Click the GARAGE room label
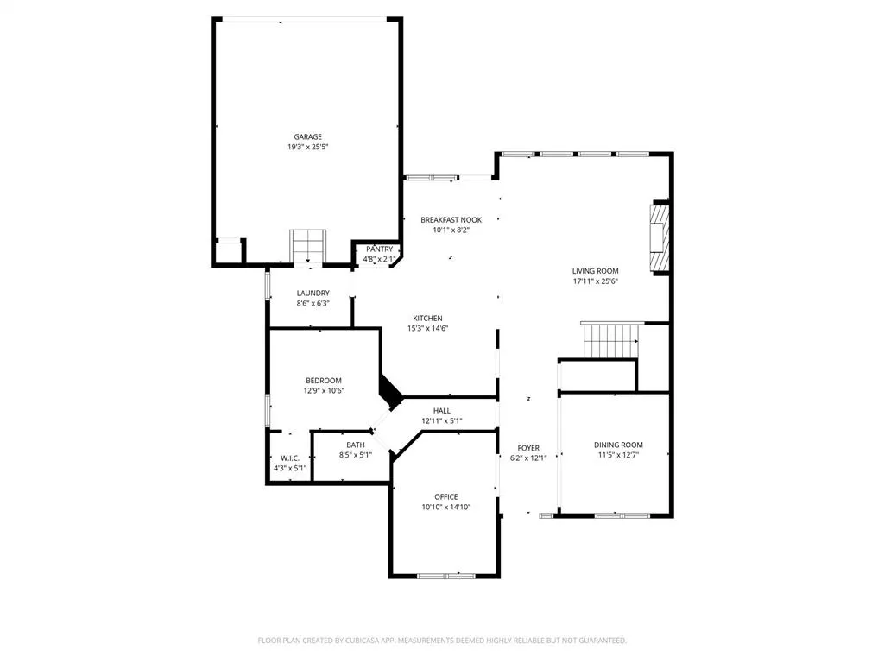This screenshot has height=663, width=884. pyautogui.click(x=307, y=136)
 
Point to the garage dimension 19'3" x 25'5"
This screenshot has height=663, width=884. pyautogui.click(x=307, y=148)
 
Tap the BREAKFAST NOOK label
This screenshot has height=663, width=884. pyautogui.click(x=451, y=220)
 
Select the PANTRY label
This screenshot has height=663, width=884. pyautogui.click(x=379, y=249)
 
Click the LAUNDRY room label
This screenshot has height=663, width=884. pyautogui.click(x=313, y=294)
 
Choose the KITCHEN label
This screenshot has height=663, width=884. pyautogui.click(x=427, y=318)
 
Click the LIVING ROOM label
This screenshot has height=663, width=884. pyautogui.click(x=595, y=270)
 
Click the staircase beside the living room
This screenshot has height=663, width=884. pyautogui.click(x=609, y=341)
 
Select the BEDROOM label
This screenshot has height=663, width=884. pyautogui.click(x=324, y=381)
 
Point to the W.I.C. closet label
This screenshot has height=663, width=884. pyautogui.click(x=289, y=458)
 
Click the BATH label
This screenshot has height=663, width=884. pyautogui.click(x=355, y=445)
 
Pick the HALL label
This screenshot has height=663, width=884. pyautogui.click(x=442, y=411)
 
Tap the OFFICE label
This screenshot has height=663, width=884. pyautogui.click(x=446, y=496)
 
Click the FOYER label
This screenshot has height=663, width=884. pyautogui.click(x=528, y=448)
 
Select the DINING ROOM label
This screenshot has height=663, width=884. pyautogui.click(x=618, y=445)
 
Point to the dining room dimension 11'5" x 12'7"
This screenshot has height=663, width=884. pyautogui.click(x=618, y=456)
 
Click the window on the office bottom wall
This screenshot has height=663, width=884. pyautogui.click(x=445, y=575)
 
